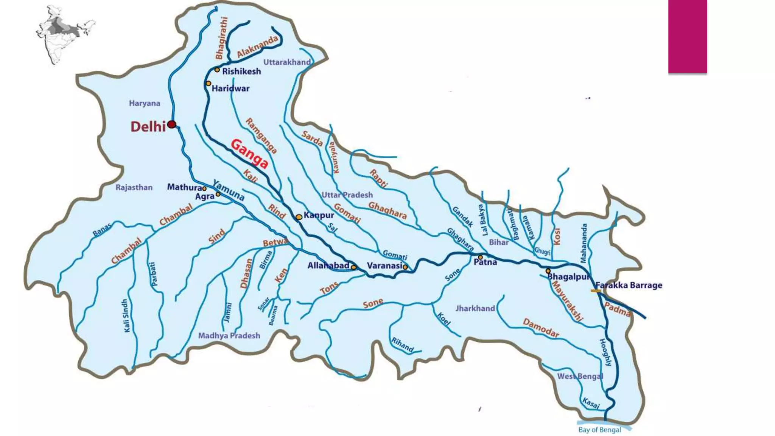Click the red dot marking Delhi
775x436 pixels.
172,125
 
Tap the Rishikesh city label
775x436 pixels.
241,72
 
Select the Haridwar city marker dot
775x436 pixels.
209,83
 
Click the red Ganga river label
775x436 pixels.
249,154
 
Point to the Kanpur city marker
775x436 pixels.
299,217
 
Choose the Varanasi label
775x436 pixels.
384,266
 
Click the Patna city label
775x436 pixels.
485,262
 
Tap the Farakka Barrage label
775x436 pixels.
629,285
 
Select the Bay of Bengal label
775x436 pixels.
599,430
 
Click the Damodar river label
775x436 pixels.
541,328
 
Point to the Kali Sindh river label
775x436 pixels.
126,316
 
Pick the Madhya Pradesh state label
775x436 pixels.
229,336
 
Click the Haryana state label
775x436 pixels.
144,103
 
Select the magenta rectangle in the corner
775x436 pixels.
688,36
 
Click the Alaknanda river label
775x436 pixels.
257,47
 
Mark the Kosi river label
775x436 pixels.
557,237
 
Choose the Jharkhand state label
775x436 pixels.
475,308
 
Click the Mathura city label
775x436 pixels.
184,187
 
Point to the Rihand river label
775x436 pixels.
402,345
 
